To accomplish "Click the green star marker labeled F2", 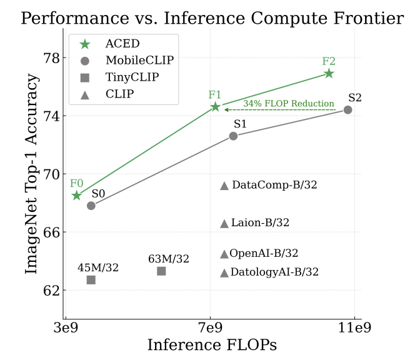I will tap(329, 74).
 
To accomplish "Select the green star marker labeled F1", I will tap(215, 107).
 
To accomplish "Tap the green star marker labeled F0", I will tap(76, 196).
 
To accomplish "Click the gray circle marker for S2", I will tap(348, 110).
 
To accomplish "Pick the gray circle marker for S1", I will tap(233, 136).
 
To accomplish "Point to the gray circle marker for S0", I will tap(91, 206).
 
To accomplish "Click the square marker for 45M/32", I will tap(91, 280).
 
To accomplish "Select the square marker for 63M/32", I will tap(161, 271).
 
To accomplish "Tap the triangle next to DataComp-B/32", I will tap(224, 186).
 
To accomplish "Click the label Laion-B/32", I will tap(260, 222).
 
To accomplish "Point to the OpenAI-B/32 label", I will tap(264, 253).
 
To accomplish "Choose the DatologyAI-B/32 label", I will tap(274, 272).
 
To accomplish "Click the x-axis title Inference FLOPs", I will tap(212, 345).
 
